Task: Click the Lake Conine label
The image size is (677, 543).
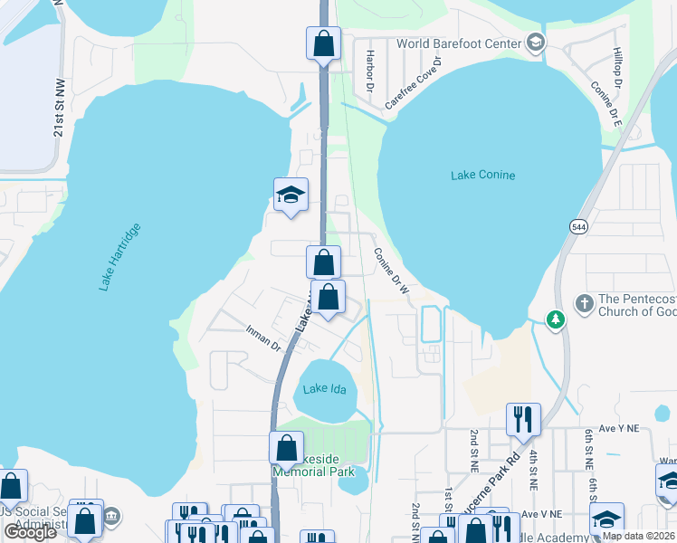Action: [x=482, y=175]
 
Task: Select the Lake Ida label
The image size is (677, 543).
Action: [x=326, y=389]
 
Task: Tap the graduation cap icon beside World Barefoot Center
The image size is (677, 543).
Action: [x=535, y=43]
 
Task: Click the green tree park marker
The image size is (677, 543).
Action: [x=556, y=319]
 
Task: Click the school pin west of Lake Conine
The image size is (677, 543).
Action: [x=291, y=195]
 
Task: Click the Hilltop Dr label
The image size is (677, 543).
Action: [x=618, y=67]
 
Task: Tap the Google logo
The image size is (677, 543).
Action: [x=30, y=533]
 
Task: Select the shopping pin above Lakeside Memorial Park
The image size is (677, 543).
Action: [x=286, y=448]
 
